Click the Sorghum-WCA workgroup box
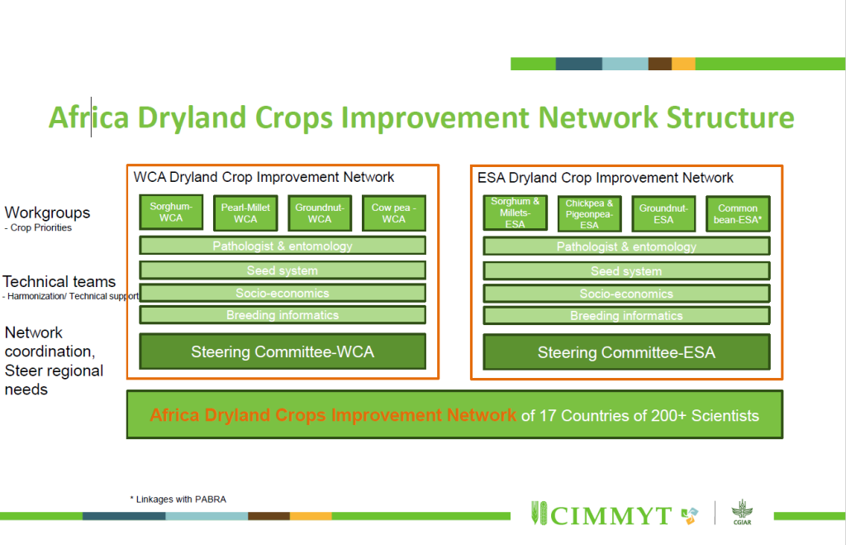point(171,213)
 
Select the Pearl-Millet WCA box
point(245,213)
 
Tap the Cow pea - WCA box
point(394,213)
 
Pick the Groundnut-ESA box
point(663,214)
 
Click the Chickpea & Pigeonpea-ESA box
point(589,214)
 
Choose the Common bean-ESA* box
point(738,214)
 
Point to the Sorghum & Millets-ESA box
point(515,213)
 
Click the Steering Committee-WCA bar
point(283,352)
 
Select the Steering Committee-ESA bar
point(626,353)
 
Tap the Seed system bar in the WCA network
point(283,270)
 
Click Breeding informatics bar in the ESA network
point(626,316)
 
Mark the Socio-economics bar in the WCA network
point(283,293)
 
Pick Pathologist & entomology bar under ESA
point(626,246)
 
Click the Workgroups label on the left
point(47,213)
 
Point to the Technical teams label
point(59,281)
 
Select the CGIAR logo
point(741,512)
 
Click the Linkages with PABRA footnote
point(178,499)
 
